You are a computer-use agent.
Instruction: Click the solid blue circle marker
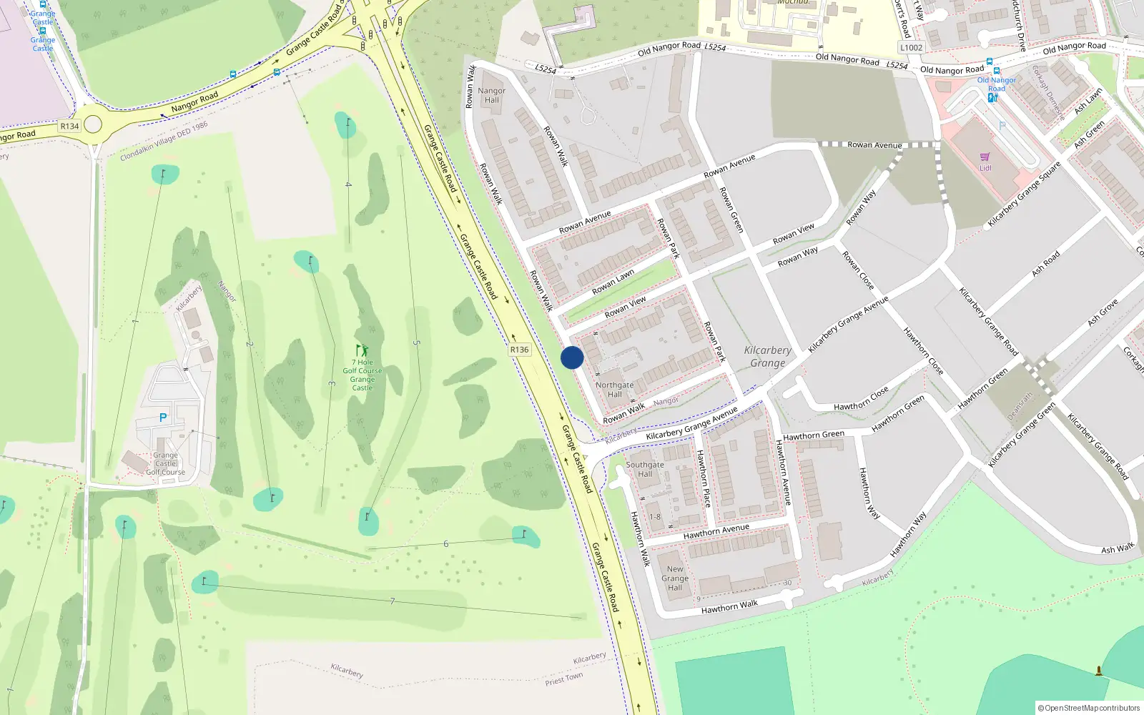point(572,357)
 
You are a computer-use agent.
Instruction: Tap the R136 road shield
point(520,350)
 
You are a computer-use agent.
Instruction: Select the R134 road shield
point(69,126)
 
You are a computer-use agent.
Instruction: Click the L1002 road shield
point(912,47)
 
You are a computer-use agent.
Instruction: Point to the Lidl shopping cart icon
point(985,157)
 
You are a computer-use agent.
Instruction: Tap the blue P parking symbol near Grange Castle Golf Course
point(163,418)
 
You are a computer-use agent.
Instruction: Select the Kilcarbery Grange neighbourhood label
point(768,356)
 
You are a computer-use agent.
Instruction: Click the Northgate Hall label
point(615,390)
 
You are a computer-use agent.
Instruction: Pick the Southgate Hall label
point(645,469)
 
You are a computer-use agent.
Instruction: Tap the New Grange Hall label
point(675,578)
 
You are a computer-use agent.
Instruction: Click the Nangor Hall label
point(492,95)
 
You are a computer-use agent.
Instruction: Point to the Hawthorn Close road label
point(862,399)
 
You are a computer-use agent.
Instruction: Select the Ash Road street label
point(1046,263)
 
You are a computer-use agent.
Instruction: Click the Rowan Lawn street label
point(613,282)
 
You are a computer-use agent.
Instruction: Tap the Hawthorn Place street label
point(704,478)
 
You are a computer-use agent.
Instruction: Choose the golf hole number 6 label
point(446,544)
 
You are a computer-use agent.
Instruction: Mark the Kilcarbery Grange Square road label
point(1024,194)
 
